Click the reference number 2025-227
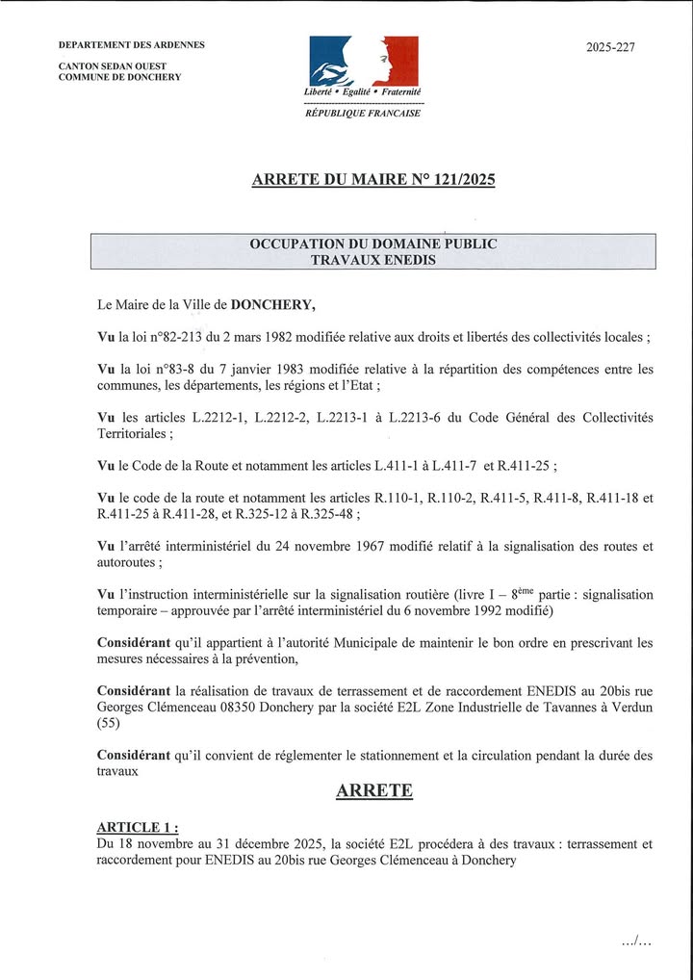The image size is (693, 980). click(x=610, y=47)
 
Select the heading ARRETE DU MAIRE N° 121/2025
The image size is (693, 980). click(x=373, y=179)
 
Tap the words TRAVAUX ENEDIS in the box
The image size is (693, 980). click(x=373, y=259)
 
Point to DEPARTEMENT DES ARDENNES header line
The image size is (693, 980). click(x=132, y=45)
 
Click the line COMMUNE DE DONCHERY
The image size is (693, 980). click(x=120, y=77)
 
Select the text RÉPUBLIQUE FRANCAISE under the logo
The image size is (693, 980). click(x=363, y=113)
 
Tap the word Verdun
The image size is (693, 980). click(x=629, y=707)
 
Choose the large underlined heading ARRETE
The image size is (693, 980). click(x=374, y=791)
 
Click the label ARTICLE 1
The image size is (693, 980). click(x=137, y=827)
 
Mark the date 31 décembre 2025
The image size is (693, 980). click(x=263, y=844)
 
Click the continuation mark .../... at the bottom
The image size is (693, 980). click(x=637, y=941)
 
